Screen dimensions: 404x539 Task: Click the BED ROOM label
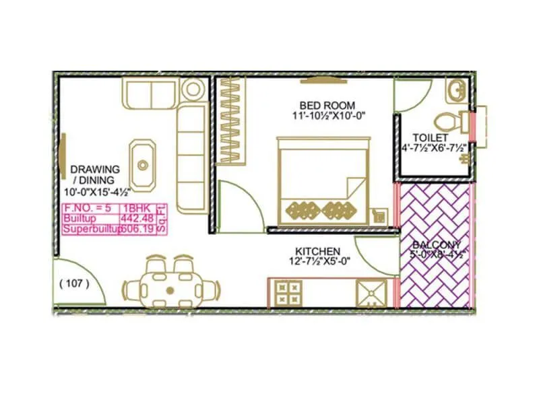coord(323,105)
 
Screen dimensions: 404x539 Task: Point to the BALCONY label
coord(436,244)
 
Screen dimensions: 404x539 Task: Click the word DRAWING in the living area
coord(95,169)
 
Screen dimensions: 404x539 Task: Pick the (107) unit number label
coord(74,283)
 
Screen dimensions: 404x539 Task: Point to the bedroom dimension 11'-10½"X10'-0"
coord(323,116)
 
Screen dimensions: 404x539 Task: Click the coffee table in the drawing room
coord(142,163)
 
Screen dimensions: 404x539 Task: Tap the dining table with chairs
coord(170,288)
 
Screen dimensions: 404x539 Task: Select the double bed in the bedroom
coord(323,180)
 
